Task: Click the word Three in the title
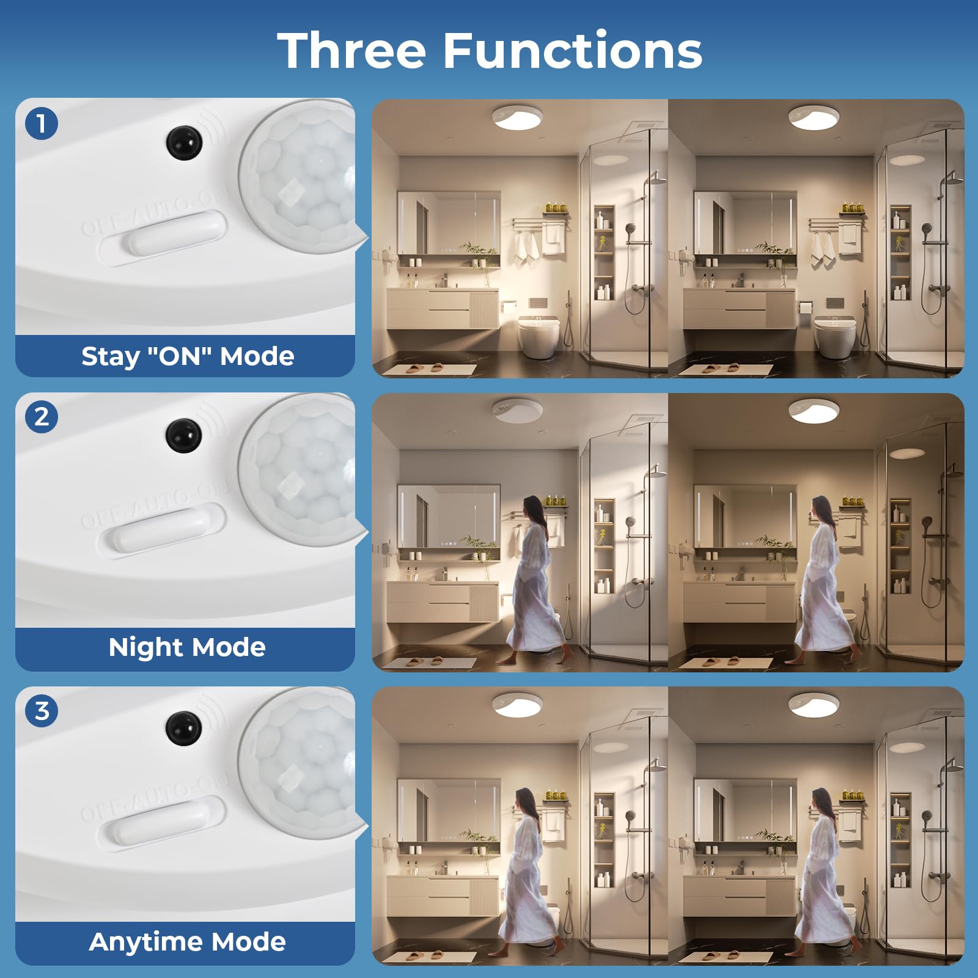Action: pos(351,50)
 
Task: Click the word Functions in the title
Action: pos(572,50)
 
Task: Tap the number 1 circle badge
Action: pos(42,123)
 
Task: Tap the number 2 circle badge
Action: pos(42,417)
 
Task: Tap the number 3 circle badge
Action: pos(42,711)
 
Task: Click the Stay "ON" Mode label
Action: pos(187,356)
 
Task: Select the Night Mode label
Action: pos(187,647)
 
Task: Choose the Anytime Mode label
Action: pos(187,942)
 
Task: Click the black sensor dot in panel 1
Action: pos(183,142)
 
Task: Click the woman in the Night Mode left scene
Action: pos(532,581)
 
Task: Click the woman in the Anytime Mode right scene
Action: pos(825,874)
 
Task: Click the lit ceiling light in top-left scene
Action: pos(517,117)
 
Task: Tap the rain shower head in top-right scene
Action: pos(950,177)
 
